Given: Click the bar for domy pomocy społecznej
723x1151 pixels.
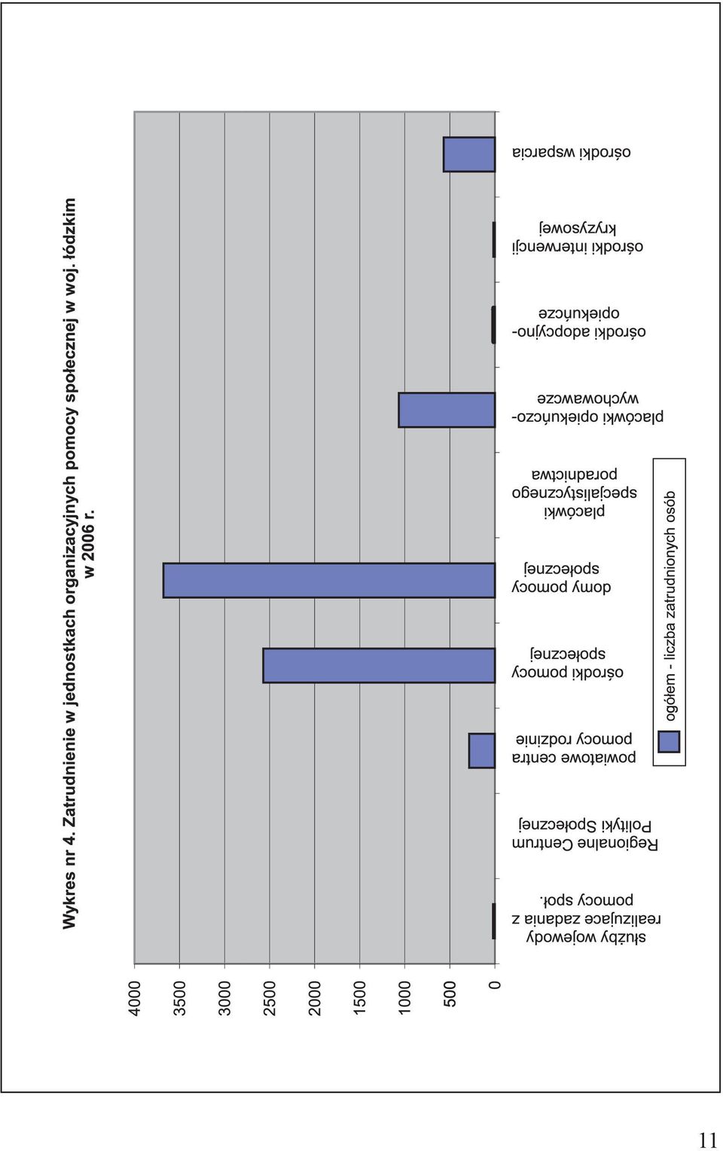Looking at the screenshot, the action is tap(329, 581).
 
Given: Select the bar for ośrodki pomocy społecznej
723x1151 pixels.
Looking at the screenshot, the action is tap(379, 666).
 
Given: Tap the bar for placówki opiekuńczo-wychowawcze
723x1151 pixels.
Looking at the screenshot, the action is tap(447, 410).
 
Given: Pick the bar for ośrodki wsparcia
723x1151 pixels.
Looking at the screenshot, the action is tap(469, 154).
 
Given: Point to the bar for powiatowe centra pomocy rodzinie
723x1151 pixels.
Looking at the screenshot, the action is tap(481, 751).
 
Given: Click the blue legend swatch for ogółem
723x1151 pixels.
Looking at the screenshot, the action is tap(669, 742).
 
